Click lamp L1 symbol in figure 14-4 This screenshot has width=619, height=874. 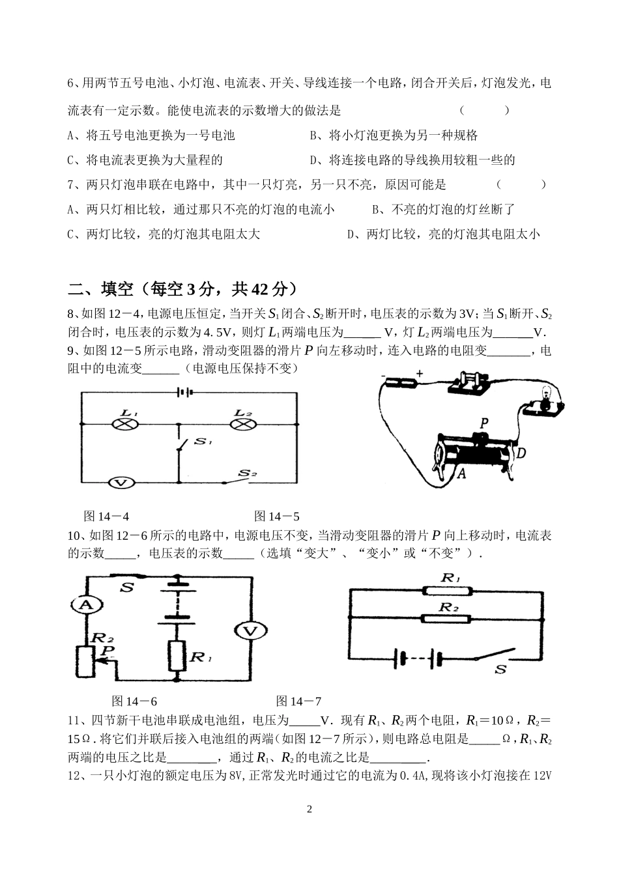click(124, 425)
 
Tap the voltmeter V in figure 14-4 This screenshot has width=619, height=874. click(120, 483)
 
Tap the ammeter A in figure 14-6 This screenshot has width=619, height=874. click(83, 605)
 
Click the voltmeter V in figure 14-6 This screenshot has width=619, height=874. click(248, 630)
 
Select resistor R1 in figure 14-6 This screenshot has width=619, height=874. click(177, 655)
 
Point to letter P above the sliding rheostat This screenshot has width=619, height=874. click(483, 423)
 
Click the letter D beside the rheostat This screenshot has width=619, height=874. click(521, 451)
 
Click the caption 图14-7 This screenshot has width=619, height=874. click(298, 701)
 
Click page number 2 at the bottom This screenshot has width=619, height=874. click(309, 810)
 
